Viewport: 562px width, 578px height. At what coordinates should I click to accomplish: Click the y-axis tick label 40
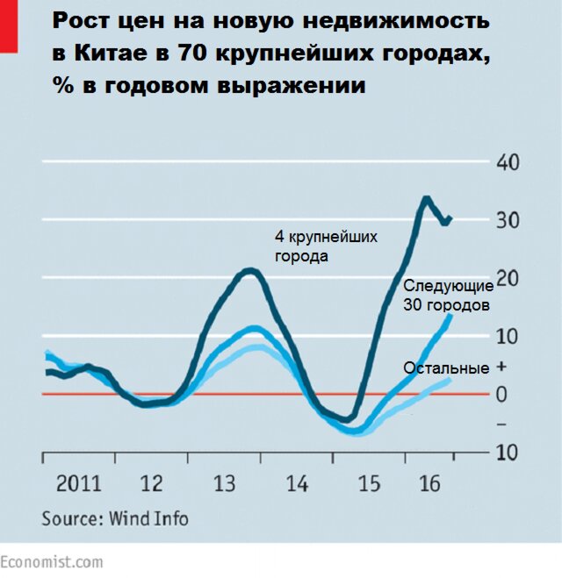pos(508,162)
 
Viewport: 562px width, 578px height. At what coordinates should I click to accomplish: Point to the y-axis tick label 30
pos(508,220)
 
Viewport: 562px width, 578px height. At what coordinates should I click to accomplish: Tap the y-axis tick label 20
pos(508,278)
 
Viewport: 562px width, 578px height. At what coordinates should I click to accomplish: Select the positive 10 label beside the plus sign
pos(508,336)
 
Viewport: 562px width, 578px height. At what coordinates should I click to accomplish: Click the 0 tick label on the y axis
pos(502,394)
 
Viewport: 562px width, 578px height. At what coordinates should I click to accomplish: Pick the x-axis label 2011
pos(79,483)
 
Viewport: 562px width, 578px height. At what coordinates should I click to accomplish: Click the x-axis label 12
pos(152,483)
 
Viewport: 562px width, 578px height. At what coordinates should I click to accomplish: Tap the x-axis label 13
pos(224,483)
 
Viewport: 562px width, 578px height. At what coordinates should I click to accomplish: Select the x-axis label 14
pos(297,483)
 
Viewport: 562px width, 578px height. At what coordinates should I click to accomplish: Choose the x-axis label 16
pos(429,483)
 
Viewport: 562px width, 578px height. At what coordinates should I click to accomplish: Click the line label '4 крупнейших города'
pos(326,246)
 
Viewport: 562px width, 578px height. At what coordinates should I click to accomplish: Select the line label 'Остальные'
pos(446,368)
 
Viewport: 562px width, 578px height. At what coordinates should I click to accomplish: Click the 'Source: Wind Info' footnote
pos(115,518)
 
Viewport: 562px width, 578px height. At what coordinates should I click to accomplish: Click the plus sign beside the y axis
pos(501,366)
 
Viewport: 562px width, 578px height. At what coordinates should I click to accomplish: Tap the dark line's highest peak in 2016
pos(426,198)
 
